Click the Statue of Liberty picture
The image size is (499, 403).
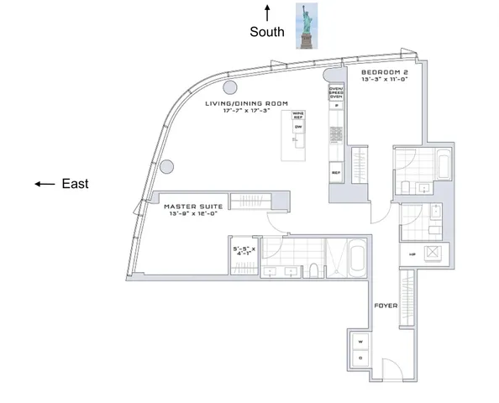[303, 24]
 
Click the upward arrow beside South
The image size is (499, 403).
[268, 12]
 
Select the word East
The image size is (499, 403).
[76, 184]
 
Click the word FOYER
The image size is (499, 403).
[386, 306]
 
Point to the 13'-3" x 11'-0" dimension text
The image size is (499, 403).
[385, 81]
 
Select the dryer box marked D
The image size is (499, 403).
[360, 359]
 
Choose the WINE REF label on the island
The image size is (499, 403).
[297, 115]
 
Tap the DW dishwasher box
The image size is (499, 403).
[297, 127]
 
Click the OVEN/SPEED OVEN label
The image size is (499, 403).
[335, 92]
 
